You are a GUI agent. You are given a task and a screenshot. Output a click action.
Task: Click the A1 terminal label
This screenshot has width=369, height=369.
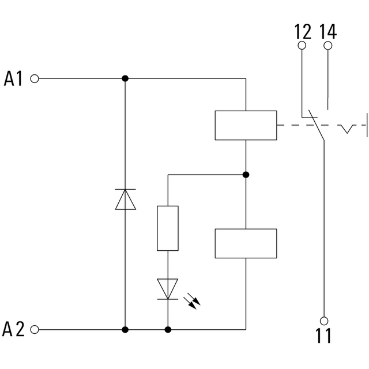pos(14,78)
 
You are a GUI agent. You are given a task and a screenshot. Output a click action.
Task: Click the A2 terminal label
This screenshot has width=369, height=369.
pos(14,330)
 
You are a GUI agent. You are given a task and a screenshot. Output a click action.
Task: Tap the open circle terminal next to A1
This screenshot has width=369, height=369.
pos(35,78)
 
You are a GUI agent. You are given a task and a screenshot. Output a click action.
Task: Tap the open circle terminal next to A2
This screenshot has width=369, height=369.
pos(35,330)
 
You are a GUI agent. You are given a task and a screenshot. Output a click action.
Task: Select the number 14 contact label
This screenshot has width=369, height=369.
pos(328,31)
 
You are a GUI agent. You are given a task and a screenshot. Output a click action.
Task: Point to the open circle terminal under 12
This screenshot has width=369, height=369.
pos(302,46)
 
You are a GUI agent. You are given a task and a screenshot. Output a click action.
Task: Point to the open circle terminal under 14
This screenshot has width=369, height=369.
pos(328,46)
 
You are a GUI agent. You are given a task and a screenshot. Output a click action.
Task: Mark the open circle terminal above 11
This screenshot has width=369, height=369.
pos(324,320)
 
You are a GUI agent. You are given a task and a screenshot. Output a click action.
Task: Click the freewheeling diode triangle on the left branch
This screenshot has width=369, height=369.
pos(125,199)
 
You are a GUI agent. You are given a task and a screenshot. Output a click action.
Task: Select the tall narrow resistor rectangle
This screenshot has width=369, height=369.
pos(168,228)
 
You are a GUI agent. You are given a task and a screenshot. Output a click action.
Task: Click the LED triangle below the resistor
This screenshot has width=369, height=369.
pos(168,289)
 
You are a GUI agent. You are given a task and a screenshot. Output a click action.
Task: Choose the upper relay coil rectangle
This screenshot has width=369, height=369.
pos(246,125)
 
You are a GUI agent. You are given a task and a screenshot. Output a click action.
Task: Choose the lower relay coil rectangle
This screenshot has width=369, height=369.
pos(246,243)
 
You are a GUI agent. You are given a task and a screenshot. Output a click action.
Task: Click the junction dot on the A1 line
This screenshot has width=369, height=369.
pos(125,78)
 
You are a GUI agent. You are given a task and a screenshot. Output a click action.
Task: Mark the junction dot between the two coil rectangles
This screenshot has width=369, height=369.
pos(246,174)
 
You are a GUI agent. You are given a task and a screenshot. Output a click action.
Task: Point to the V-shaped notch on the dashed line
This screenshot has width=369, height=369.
pos(347,128)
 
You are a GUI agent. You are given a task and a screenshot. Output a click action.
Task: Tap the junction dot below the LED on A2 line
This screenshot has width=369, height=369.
pos(168,330)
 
